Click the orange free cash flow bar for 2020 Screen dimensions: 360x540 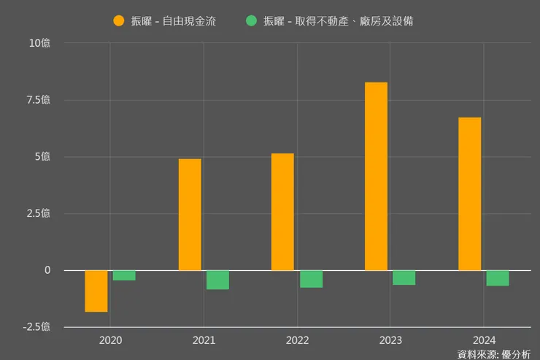coord(96,291)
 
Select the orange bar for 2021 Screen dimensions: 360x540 coord(190,215)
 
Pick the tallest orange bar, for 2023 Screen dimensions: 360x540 coord(376,176)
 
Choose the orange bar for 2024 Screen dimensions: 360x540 coord(469,194)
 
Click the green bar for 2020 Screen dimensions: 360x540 coord(124,275)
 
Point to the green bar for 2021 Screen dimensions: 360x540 coord(217,280)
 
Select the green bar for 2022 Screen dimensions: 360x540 coord(311,279)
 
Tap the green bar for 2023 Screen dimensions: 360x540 coord(404,277)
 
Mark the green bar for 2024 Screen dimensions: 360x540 coord(498,278)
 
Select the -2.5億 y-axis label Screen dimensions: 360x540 coord(35,327)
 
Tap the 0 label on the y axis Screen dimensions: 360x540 coord(47,270)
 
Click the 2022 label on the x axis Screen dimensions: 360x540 coord(297,340)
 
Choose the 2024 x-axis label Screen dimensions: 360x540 coord(484,340)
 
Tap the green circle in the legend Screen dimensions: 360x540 coord(252,20)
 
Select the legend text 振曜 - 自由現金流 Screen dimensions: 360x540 coord(173,20)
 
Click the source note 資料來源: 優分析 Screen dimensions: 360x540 coord(494,354)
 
